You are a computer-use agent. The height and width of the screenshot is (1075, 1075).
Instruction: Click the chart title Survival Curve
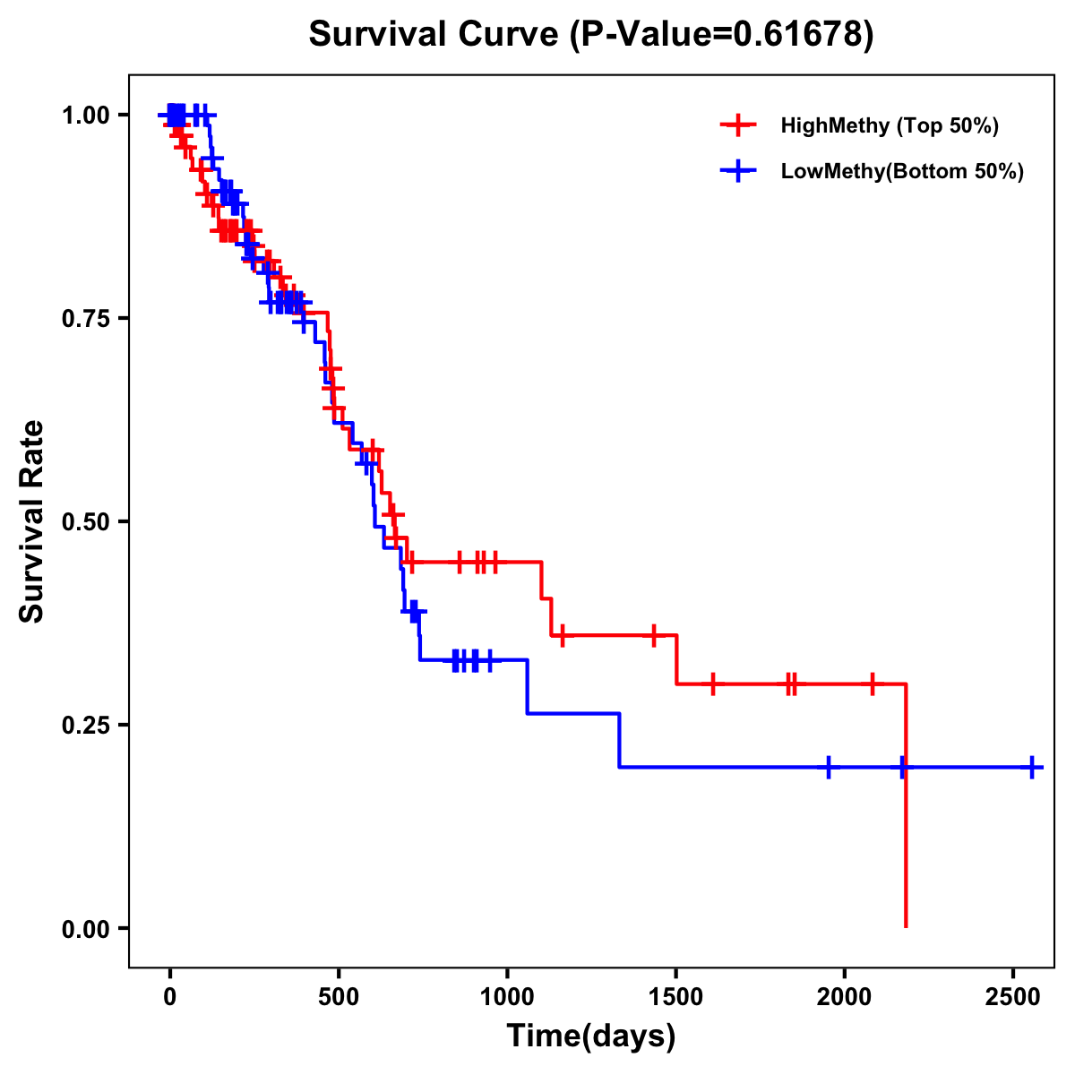click(x=590, y=35)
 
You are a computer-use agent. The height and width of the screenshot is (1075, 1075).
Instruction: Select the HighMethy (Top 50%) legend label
click(x=889, y=125)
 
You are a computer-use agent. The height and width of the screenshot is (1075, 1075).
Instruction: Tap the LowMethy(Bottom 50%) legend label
click(x=902, y=172)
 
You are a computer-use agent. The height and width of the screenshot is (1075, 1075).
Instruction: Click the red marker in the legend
click(x=738, y=125)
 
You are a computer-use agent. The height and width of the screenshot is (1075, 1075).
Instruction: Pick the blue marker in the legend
click(x=738, y=172)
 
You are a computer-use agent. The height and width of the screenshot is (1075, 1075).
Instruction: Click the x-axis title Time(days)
click(x=591, y=1036)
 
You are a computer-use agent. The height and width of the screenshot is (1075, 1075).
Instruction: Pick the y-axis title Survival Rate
click(x=32, y=521)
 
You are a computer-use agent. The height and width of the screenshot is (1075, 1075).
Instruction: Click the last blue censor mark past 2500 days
click(x=1032, y=768)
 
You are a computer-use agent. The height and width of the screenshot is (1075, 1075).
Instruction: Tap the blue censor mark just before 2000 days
click(x=829, y=768)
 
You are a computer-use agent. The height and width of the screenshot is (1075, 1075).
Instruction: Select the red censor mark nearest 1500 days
click(x=654, y=635)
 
